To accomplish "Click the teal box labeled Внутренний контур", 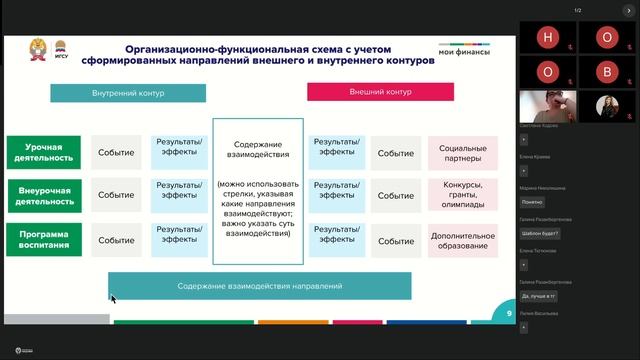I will (x=128, y=93).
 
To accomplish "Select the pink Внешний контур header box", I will (x=380, y=92).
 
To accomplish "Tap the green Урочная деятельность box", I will (x=44, y=152).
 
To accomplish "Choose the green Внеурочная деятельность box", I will (x=44, y=195).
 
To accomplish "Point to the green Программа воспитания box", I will (x=44, y=238).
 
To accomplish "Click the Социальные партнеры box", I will (x=462, y=153).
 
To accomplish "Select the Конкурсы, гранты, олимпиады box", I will (x=462, y=195).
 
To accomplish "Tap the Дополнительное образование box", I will (x=462, y=240).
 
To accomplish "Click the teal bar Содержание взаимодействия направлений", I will (x=259, y=286).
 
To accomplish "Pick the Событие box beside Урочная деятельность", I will (x=116, y=153).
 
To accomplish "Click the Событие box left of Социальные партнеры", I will (x=396, y=153).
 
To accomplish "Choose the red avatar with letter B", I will (x=607, y=72).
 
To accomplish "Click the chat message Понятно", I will (x=532, y=201).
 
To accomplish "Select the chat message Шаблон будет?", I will (x=540, y=233).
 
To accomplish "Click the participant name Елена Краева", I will (x=532, y=156).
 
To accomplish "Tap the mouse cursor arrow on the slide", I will (x=113, y=299).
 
